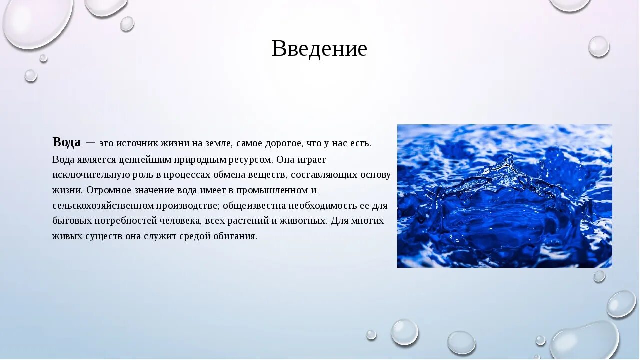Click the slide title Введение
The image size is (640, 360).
click(x=319, y=48)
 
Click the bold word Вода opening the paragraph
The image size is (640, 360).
click(x=66, y=142)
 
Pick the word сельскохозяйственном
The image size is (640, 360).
click(x=103, y=205)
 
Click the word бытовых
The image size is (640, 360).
click(x=68, y=221)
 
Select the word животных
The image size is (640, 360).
click(x=307, y=221)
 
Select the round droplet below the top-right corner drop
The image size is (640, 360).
click(x=598, y=46)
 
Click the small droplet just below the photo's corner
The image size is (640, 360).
click(x=599, y=276)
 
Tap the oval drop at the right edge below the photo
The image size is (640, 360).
click(x=621, y=303)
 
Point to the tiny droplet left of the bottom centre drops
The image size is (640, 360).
click(x=371, y=334)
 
